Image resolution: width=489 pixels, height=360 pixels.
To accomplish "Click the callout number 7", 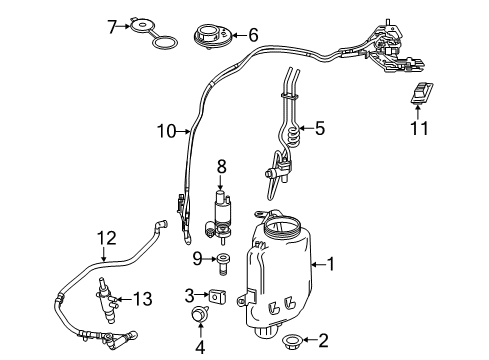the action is [x=112, y=27].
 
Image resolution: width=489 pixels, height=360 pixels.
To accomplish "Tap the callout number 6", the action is [x=253, y=35].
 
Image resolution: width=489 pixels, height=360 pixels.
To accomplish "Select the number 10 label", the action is [x=166, y=131].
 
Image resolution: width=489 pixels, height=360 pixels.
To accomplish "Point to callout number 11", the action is [x=419, y=128].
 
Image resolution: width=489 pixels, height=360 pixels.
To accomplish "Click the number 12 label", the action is [x=107, y=238].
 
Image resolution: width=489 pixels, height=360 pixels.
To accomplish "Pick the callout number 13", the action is [x=143, y=299].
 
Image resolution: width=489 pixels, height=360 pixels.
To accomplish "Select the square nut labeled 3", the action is [x=217, y=296].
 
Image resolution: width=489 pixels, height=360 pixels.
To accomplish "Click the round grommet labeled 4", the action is [x=199, y=315].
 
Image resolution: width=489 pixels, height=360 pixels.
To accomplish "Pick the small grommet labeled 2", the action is [x=292, y=340].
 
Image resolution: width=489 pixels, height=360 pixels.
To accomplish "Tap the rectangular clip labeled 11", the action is [x=421, y=93].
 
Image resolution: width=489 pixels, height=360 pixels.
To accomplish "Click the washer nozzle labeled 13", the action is [x=107, y=300].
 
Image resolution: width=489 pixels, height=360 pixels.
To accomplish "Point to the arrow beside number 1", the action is [x=318, y=265].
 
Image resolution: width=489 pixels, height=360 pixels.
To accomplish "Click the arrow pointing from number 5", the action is [x=306, y=128].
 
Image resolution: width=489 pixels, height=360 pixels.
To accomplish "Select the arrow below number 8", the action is [x=220, y=183].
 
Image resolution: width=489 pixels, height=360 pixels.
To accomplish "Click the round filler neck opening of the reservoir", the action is [x=282, y=224].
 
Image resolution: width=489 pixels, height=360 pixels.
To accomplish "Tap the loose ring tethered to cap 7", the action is [x=165, y=42].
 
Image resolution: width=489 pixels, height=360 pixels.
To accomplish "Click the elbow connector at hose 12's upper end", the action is [x=161, y=224].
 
